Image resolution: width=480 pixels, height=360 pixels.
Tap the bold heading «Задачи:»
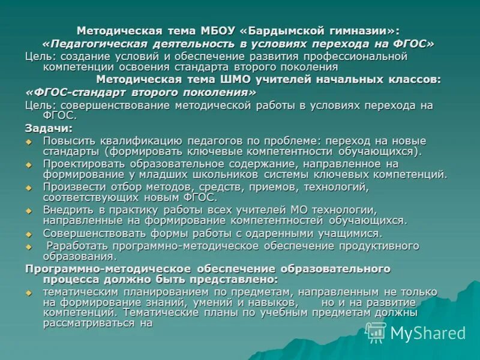point(49,128)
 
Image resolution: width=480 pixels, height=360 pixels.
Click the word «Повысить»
point(65,140)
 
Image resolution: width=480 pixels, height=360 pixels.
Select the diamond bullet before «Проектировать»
point(28,164)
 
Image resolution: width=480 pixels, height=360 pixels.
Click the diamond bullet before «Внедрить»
point(28,211)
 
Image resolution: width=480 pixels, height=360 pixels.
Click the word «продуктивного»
point(379,245)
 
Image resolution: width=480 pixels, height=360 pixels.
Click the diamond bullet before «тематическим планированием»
point(28,292)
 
